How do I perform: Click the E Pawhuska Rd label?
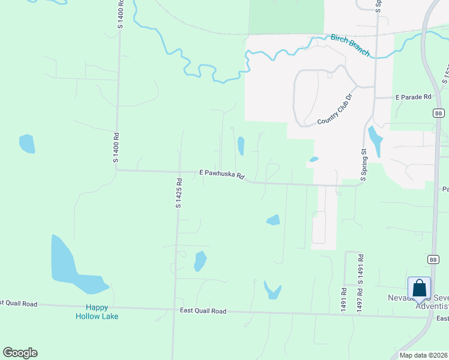click(x=222, y=175)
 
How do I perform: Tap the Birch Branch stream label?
click(x=351, y=46)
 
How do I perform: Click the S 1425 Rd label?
click(x=178, y=193)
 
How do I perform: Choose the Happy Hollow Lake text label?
click(x=97, y=312)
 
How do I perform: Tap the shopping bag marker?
click(x=419, y=288)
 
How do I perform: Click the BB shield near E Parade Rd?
click(x=438, y=113)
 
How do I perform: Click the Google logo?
click(x=20, y=352)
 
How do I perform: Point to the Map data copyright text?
click(x=424, y=355)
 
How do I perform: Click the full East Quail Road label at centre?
click(x=203, y=311)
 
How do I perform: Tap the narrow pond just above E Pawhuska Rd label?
click(x=241, y=146)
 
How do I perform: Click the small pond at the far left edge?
click(x=27, y=143)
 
